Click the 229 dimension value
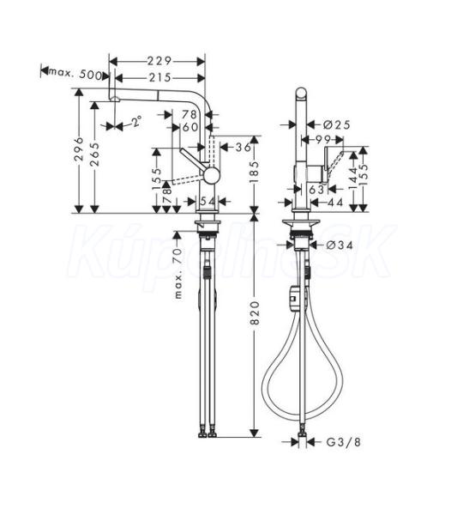coord(159,61)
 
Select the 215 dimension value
coord(159,78)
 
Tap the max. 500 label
coord(75,74)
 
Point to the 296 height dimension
coord(79,149)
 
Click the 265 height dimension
coord(95,154)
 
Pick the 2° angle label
coord(137,121)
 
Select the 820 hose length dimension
coord(255,312)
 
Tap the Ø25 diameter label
coord(337,124)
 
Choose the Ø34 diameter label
coord(340,245)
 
